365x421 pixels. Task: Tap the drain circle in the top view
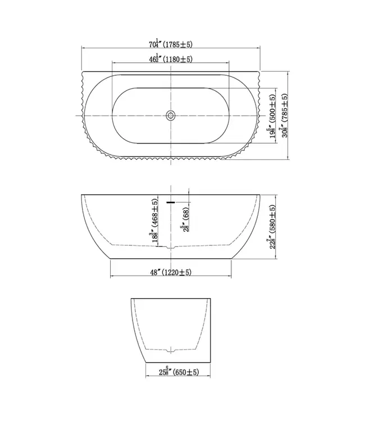(x=171, y=116)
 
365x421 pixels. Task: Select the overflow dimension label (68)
(x=186, y=214)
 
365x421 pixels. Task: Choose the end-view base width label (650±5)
(x=186, y=372)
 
